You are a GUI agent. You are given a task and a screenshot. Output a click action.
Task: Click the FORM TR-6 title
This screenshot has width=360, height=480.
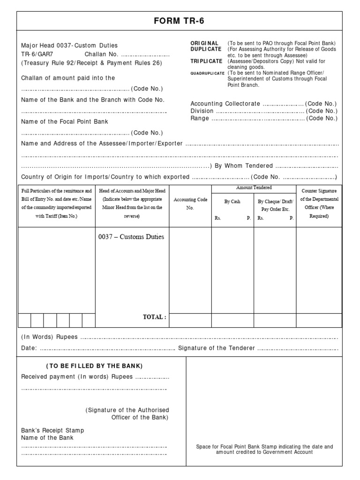pyautogui.click(x=180, y=21)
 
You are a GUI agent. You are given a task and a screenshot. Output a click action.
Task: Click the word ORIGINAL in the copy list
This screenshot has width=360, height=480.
pyautogui.click(x=204, y=43)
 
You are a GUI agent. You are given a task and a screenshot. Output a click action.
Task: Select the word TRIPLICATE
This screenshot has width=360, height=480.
pyautogui.click(x=206, y=61)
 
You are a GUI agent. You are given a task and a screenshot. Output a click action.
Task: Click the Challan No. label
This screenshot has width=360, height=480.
pyautogui.click(x=102, y=54)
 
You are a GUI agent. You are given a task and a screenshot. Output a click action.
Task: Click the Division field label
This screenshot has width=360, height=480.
pyautogui.click(x=202, y=111)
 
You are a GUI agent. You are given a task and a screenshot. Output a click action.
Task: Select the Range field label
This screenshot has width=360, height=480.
pyautogui.click(x=200, y=119)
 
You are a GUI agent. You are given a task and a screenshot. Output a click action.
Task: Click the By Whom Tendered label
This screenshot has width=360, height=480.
pyautogui.click(x=244, y=165)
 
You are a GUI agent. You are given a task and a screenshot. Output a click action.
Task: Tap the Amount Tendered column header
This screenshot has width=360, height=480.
pyautogui.click(x=254, y=187)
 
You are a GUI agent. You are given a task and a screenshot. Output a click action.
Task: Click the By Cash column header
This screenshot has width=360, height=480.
pyautogui.click(x=232, y=202)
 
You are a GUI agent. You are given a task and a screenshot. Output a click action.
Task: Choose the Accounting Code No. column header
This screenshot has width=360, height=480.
pyautogui.click(x=190, y=203)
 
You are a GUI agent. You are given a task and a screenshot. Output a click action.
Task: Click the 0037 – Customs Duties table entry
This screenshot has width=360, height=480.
pyautogui.click(x=131, y=237)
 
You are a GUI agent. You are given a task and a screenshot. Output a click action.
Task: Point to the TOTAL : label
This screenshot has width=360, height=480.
pyautogui.click(x=154, y=317)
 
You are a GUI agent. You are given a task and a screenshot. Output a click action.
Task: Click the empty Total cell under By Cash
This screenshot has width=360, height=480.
pyautogui.click(x=232, y=320)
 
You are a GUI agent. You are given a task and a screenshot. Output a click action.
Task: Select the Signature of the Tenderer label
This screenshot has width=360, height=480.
pyautogui.click(x=217, y=348)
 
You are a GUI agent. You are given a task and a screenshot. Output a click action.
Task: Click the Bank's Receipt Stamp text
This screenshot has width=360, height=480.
pyautogui.click(x=53, y=430)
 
